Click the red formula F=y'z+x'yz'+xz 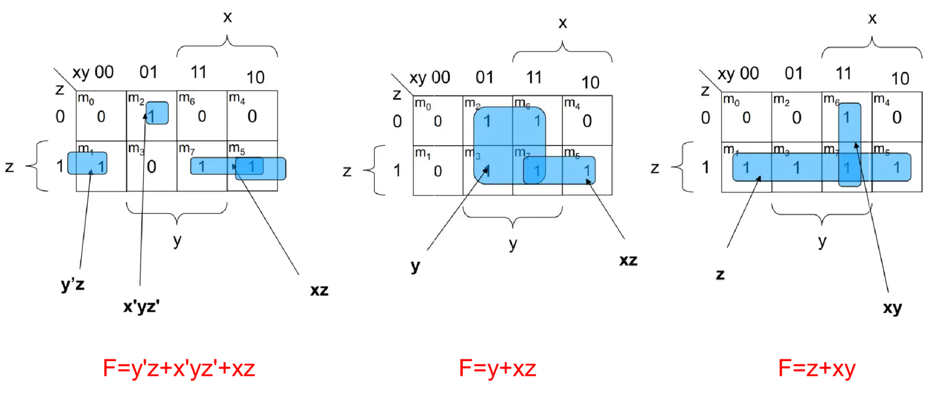coord(179,368)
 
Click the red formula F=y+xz coord(497,368)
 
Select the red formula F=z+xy coord(817,368)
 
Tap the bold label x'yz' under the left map coord(141,307)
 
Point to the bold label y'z coord(73,285)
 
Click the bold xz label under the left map coord(319,290)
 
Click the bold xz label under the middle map coord(628,260)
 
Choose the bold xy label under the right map coord(892,308)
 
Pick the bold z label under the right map coord(720,274)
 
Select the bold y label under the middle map coord(415,266)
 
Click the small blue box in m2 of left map coord(157,113)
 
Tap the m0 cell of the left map coord(101,116)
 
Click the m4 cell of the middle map coord(587,120)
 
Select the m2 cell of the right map coord(796,117)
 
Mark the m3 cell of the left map coord(151,166)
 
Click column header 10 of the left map coord(255,77)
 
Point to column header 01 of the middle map coord(484,77)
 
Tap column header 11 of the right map coord(843,73)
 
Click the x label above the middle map coord(562,23)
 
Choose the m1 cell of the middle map coord(437,171)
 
